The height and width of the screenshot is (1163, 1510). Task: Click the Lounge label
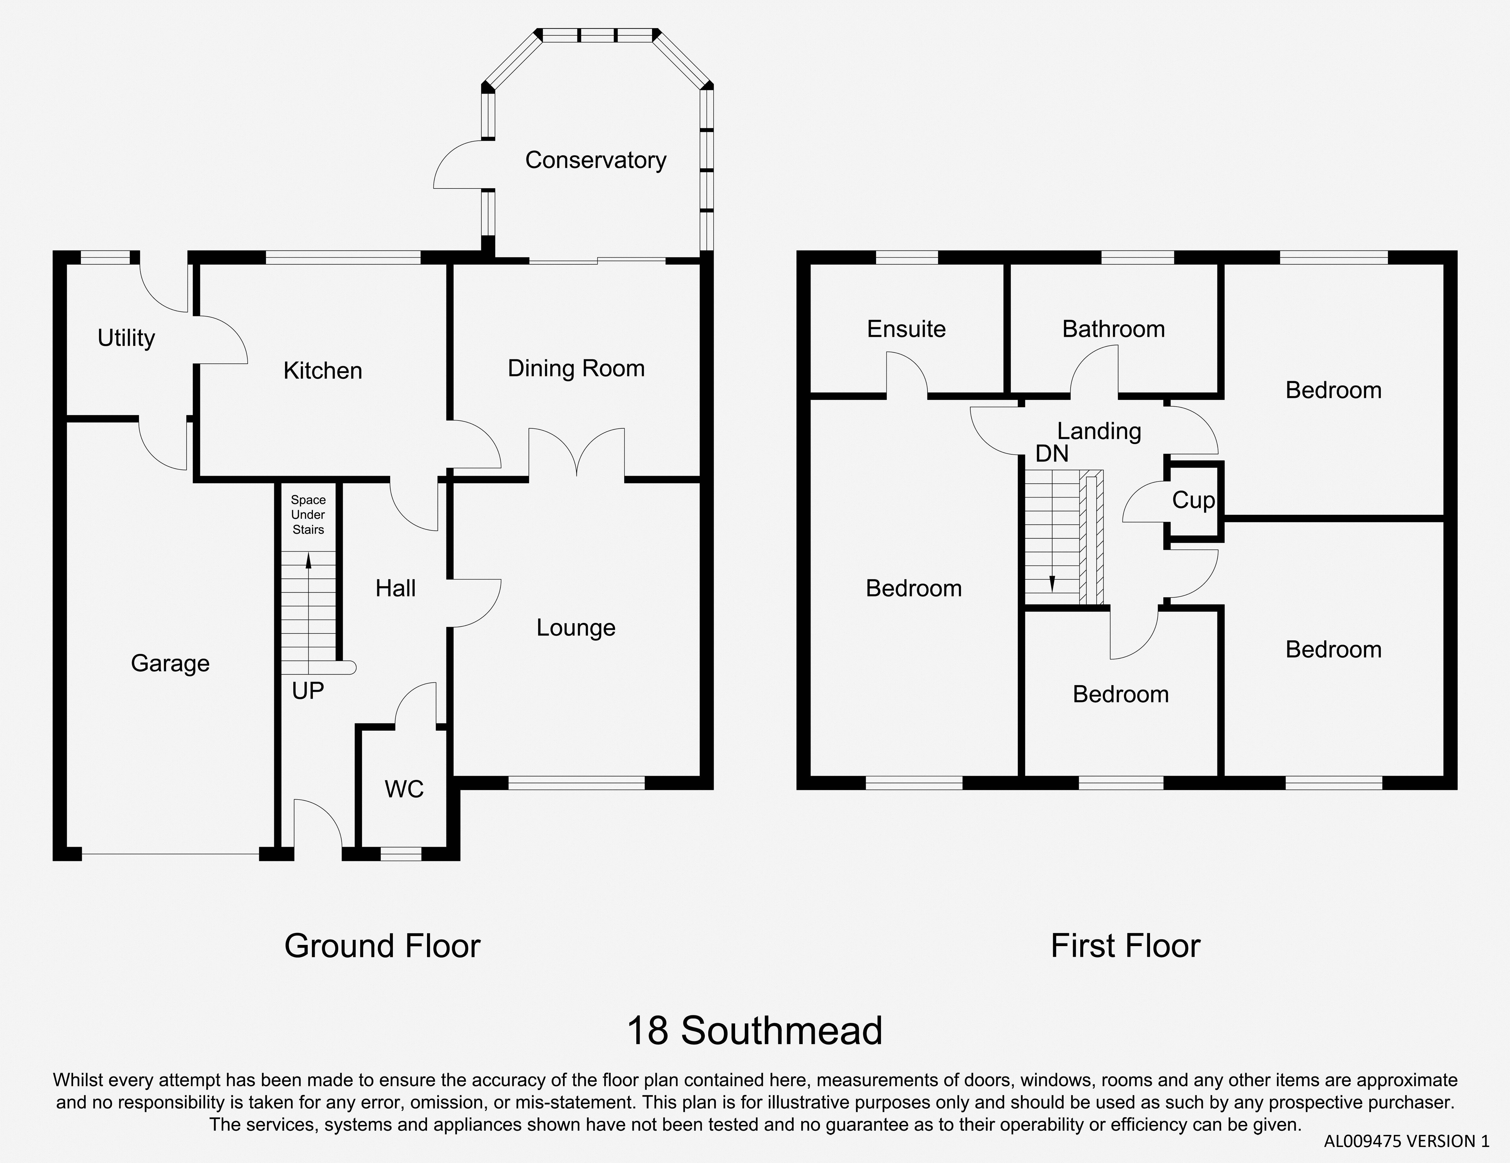click(576, 628)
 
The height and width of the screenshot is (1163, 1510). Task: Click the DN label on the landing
click(1052, 454)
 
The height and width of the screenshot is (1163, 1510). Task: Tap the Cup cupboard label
click(1193, 500)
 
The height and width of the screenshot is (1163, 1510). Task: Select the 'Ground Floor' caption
click(382, 946)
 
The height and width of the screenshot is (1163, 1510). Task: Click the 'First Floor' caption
click(1126, 946)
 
